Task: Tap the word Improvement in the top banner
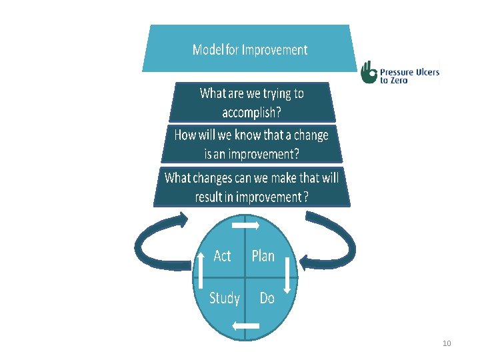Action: (x=275, y=49)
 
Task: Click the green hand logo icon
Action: (x=368, y=73)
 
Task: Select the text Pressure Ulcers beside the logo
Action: (x=409, y=72)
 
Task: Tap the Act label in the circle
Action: (x=223, y=256)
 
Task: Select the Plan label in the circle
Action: (x=263, y=256)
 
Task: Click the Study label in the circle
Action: (x=225, y=297)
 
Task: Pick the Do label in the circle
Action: (x=267, y=298)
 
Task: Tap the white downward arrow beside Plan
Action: (x=287, y=275)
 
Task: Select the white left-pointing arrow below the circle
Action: (x=245, y=325)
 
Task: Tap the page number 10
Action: (x=447, y=343)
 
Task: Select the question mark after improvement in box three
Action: (x=306, y=197)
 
